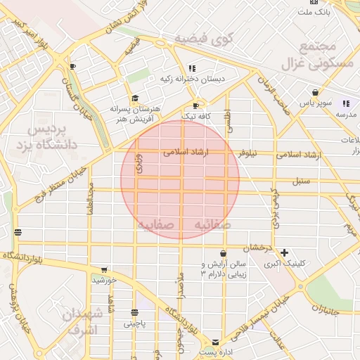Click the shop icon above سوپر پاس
pyautogui.click(x=315, y=92)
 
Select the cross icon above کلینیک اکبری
pyautogui.click(x=284, y=252)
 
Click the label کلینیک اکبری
pyautogui.click(x=285, y=264)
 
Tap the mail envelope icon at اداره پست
pyautogui.click(x=216, y=340)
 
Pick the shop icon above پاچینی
pyautogui.click(x=134, y=312)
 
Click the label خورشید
pyautogui.click(x=103, y=280)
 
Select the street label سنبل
pyautogui.click(x=301, y=181)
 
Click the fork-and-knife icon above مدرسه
pyautogui.click(x=345, y=103)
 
